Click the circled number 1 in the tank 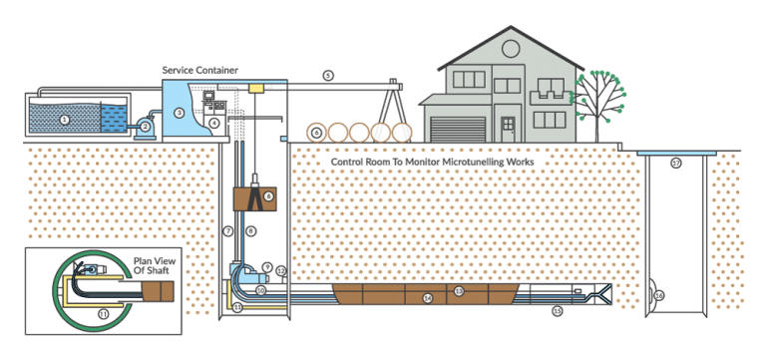tap(64, 119)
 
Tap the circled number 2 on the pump tap(145, 126)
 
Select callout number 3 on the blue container tap(179, 113)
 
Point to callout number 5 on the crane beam tap(327, 76)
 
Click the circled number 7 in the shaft tap(227, 230)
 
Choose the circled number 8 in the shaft tap(251, 230)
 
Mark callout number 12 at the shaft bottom tap(281, 270)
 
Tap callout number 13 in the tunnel tap(459, 291)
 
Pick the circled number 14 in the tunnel tap(427, 298)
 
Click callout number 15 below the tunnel tap(557, 311)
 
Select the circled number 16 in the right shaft tap(659, 295)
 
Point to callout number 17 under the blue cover tap(675, 163)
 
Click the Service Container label tap(199, 70)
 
